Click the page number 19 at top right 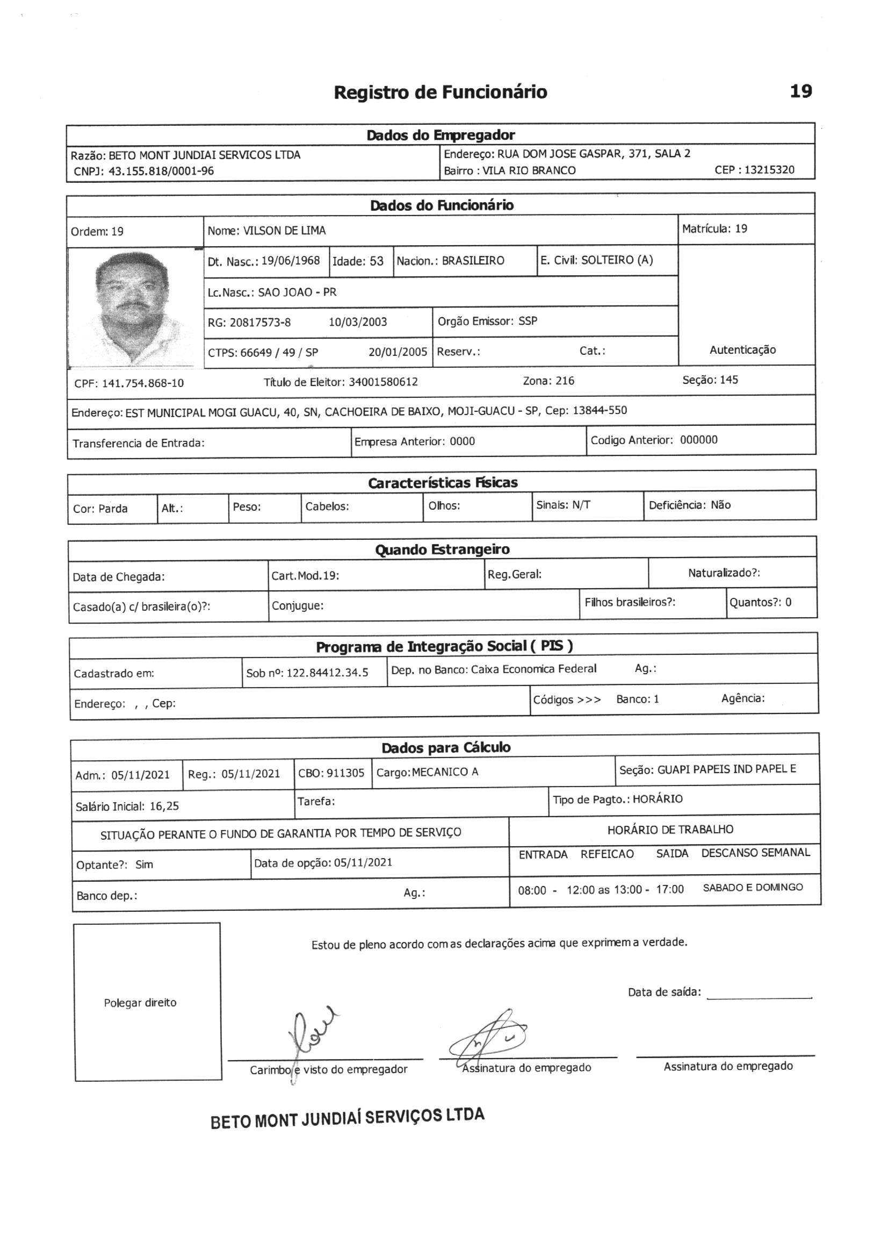point(801,91)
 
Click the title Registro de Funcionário point(440,92)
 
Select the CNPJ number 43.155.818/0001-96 point(161,172)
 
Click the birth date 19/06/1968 point(290,261)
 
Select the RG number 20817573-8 point(260,323)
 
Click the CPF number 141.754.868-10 point(143,383)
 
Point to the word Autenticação point(742,350)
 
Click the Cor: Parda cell point(100,509)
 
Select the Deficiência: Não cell point(689,505)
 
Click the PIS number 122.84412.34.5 point(327,673)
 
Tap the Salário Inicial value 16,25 point(164,806)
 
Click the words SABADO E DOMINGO point(752,888)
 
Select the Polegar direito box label point(140,1002)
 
